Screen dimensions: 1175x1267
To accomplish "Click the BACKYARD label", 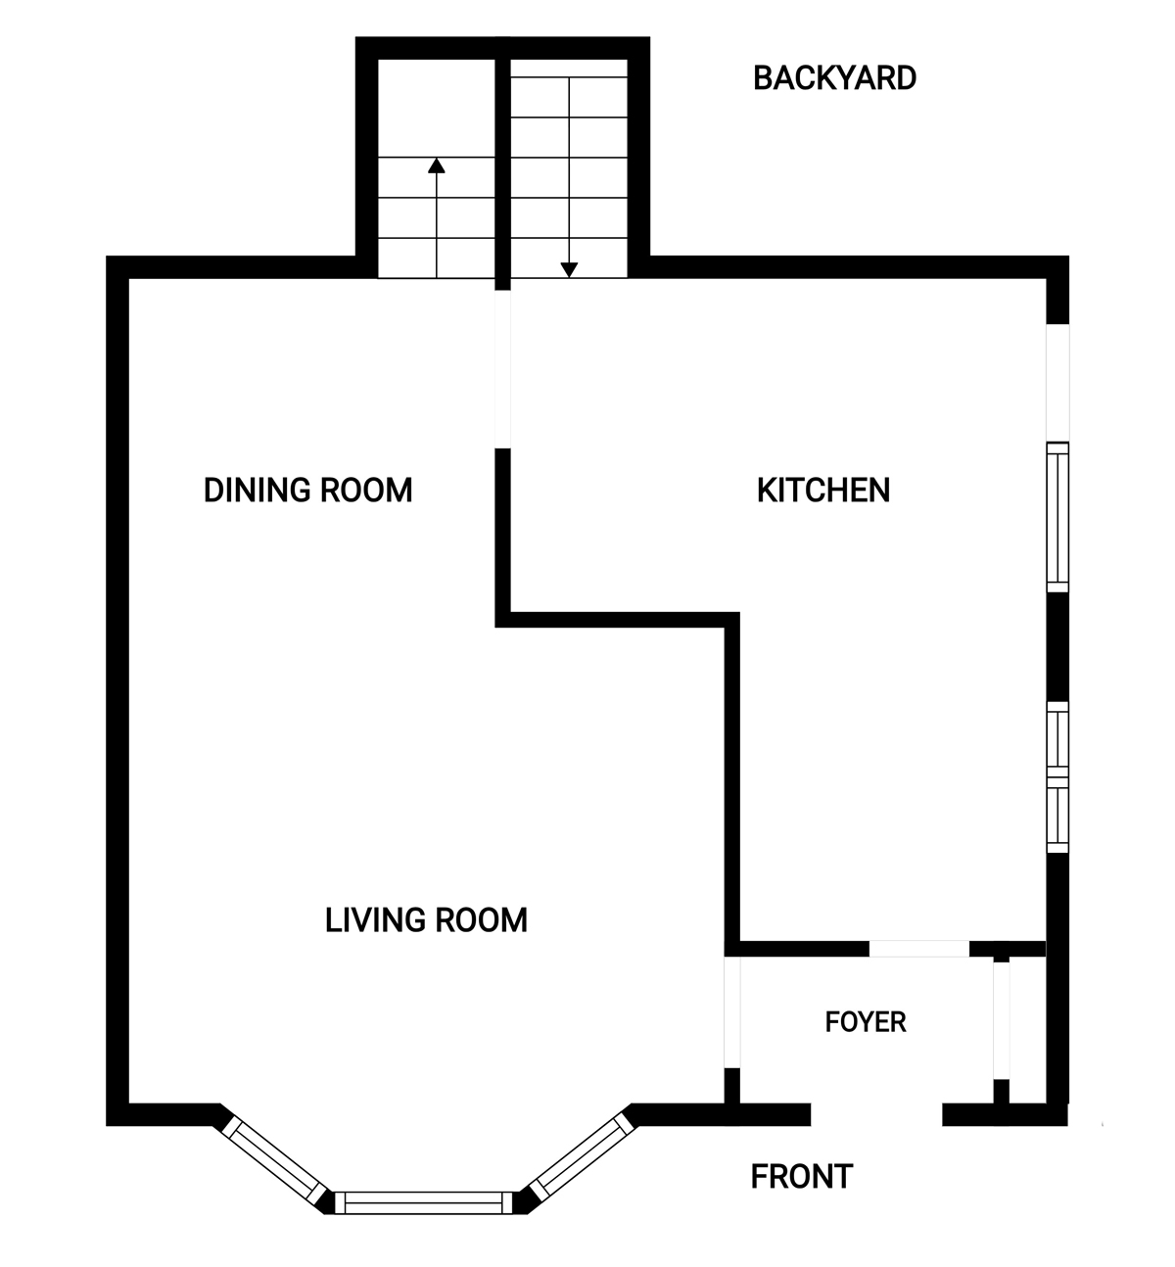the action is (x=834, y=77).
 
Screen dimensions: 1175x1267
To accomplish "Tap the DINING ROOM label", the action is (x=307, y=490).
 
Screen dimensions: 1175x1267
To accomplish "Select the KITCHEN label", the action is (x=823, y=490).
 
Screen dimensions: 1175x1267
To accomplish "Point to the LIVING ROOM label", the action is (x=426, y=920).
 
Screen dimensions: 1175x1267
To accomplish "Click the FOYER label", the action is (x=866, y=1021).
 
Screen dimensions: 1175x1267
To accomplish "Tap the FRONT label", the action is (x=802, y=1176).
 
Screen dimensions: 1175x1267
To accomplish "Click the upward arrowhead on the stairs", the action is (x=437, y=165).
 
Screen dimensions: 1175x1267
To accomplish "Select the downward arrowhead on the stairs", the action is (x=569, y=270).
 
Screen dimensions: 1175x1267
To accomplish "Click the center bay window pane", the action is (x=424, y=1202).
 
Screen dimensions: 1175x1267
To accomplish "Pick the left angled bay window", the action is (x=274, y=1160).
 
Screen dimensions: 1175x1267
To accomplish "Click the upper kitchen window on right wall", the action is (x=1057, y=517).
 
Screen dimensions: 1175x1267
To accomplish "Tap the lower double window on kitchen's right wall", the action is (x=1057, y=777).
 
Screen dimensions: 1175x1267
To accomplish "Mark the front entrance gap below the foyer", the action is (x=876, y=1114).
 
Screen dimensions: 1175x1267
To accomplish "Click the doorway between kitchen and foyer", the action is (x=919, y=949).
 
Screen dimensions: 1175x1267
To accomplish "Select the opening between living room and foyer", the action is (x=732, y=1011).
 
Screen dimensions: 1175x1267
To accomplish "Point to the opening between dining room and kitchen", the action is (x=503, y=369).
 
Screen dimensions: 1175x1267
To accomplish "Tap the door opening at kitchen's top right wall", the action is (x=1057, y=383).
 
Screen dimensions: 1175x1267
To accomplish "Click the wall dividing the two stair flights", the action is (x=503, y=164).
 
